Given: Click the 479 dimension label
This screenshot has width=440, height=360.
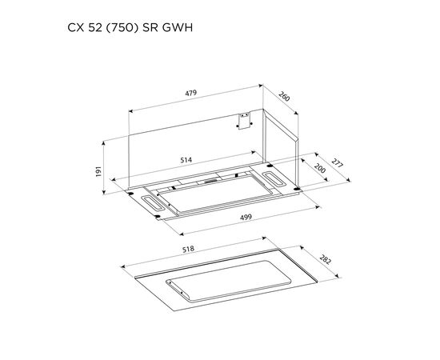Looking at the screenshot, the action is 191,93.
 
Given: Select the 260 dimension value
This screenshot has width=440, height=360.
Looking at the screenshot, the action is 284,96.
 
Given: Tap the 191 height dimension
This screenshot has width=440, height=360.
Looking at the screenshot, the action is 98,171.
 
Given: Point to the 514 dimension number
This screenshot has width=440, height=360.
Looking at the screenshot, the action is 186,160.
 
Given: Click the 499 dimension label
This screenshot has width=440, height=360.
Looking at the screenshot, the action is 246,217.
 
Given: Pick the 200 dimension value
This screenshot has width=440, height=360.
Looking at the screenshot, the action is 320,168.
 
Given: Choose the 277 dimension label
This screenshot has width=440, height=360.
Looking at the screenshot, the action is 337,163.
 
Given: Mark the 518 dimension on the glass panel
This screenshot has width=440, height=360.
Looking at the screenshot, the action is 188,249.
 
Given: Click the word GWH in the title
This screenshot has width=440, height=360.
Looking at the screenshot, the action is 178,28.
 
